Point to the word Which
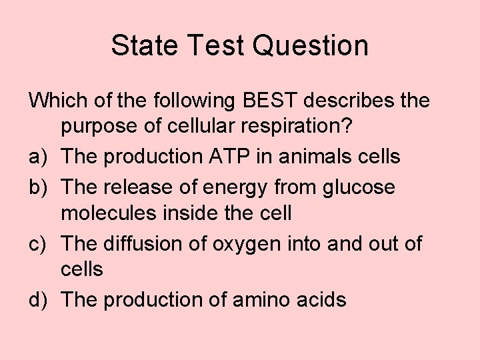(x=59, y=102)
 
